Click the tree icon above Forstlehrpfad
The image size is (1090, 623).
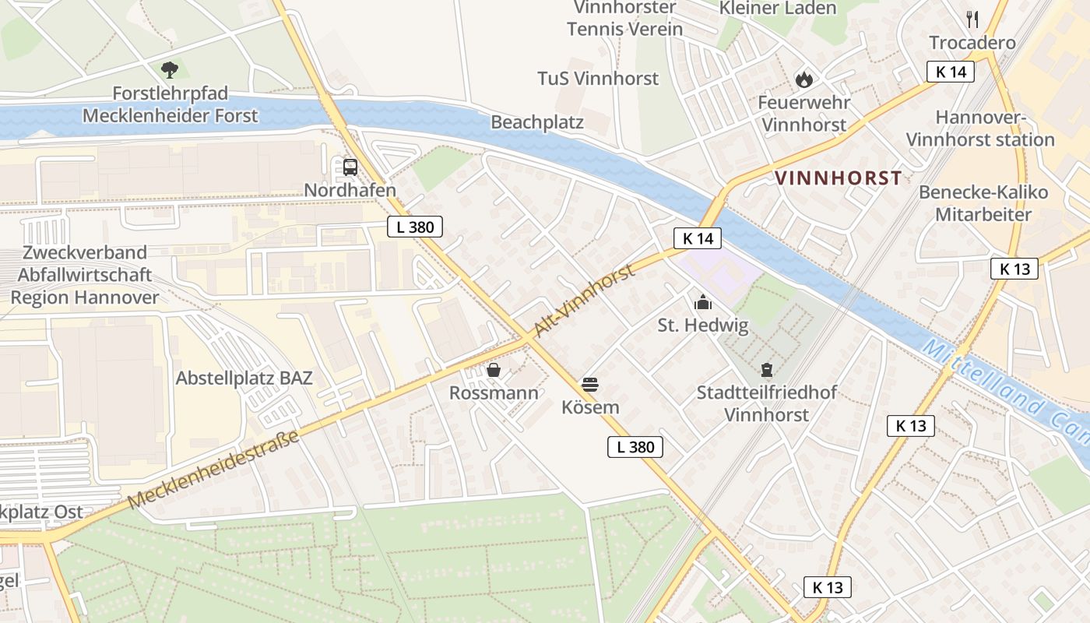[170, 70]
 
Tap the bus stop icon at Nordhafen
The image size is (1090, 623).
[350, 167]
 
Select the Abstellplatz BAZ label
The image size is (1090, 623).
[244, 378]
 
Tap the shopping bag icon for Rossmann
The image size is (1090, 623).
[494, 370]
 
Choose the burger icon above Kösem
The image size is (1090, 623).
[590, 384]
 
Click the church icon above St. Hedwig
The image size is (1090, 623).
[703, 302]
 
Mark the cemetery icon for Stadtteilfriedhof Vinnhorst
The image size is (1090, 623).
[767, 369]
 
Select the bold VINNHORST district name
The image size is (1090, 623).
[839, 178]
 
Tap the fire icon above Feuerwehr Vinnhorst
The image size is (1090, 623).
[803, 79]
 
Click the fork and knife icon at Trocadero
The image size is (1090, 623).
[972, 19]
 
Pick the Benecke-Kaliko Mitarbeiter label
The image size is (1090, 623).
[983, 203]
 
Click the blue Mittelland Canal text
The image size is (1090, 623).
[1004, 389]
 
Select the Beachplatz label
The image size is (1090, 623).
[537, 123]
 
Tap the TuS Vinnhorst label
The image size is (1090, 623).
[598, 79]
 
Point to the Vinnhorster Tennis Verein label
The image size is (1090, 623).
[624, 19]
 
